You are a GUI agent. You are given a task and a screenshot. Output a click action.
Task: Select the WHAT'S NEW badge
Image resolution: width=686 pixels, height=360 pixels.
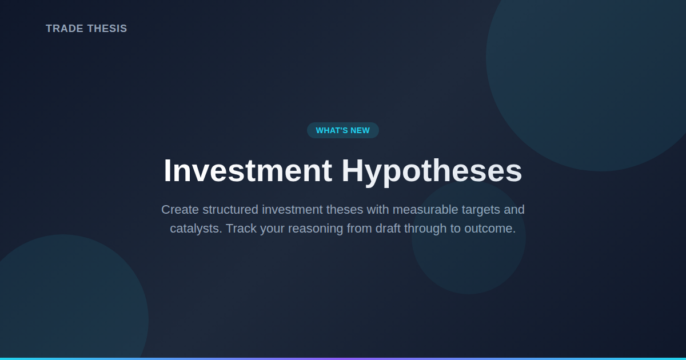point(343,130)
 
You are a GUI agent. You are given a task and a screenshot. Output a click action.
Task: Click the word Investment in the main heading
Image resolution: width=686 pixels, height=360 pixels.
point(248,171)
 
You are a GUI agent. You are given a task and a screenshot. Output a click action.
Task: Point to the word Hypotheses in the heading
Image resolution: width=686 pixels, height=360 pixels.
point(432,171)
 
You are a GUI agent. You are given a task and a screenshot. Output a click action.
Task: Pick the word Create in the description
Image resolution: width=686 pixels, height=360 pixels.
point(180,210)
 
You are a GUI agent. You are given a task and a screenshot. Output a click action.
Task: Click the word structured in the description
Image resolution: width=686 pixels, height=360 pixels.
point(230,210)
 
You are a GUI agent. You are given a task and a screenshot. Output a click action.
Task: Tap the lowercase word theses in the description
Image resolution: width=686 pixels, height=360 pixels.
point(345,210)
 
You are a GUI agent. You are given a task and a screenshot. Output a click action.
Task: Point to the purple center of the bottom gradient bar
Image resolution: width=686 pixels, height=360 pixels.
point(343,358)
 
